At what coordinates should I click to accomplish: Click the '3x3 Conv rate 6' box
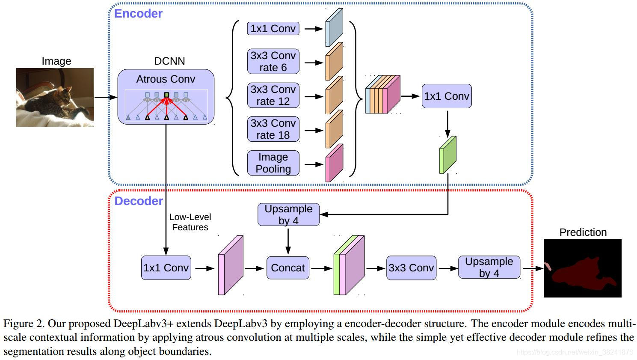pyautogui.click(x=273, y=62)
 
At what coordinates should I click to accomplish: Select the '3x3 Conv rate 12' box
pyautogui.click(x=273, y=95)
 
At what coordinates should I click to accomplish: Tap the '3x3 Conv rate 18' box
pyautogui.click(x=273, y=129)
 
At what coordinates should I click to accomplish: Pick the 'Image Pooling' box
pyautogui.click(x=273, y=163)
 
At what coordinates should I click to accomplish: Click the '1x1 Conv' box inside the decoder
pyautogui.click(x=166, y=268)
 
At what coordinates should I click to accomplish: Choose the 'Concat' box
pyautogui.click(x=288, y=268)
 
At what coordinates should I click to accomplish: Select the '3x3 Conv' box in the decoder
pyautogui.click(x=411, y=268)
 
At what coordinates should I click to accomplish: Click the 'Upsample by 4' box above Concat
pyautogui.click(x=288, y=214)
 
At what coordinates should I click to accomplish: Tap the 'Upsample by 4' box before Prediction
pyautogui.click(x=489, y=267)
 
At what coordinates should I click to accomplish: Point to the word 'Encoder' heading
pyautogui.click(x=138, y=14)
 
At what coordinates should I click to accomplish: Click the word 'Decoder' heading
pyautogui.click(x=139, y=201)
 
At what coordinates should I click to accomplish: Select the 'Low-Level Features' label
pyautogui.click(x=190, y=222)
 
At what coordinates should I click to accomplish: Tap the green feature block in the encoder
pyautogui.click(x=447, y=155)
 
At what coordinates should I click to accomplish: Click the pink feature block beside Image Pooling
pyautogui.click(x=334, y=163)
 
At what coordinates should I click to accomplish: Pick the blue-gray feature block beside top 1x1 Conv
pyautogui.click(x=334, y=27)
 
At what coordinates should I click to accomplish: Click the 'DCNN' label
pyautogui.click(x=169, y=61)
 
